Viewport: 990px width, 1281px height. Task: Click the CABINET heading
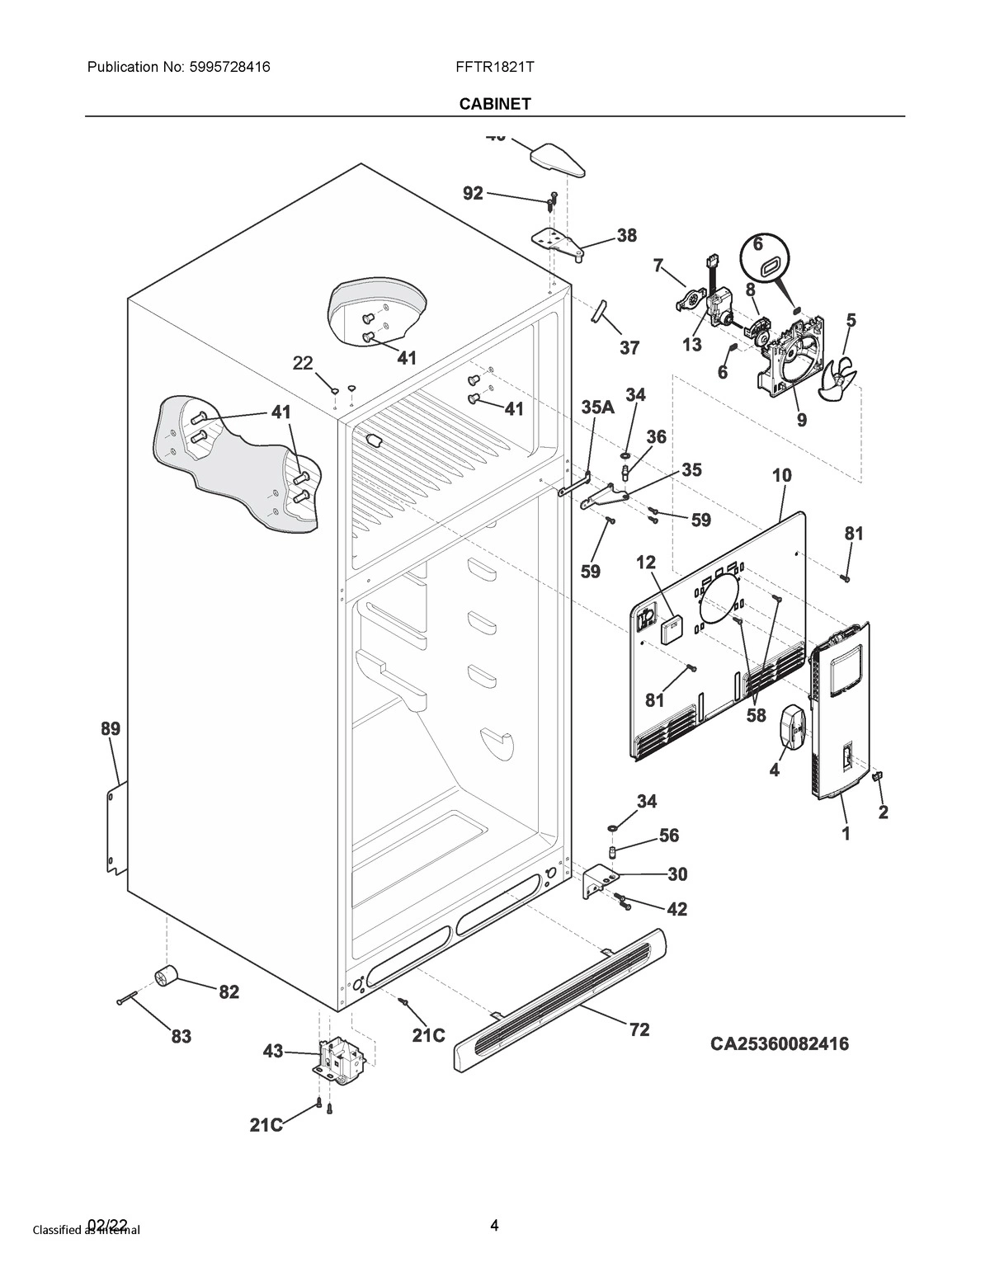[x=495, y=103]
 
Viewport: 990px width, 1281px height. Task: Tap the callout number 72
[x=639, y=1029]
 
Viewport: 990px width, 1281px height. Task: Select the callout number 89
[x=111, y=728]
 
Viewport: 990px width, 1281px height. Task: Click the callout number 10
[x=781, y=475]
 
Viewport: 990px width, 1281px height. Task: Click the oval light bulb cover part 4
[x=791, y=728]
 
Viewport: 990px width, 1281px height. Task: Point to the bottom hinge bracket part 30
[x=599, y=879]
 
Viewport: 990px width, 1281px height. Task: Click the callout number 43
[x=273, y=1051]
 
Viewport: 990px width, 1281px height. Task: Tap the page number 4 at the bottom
[x=494, y=1225]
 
